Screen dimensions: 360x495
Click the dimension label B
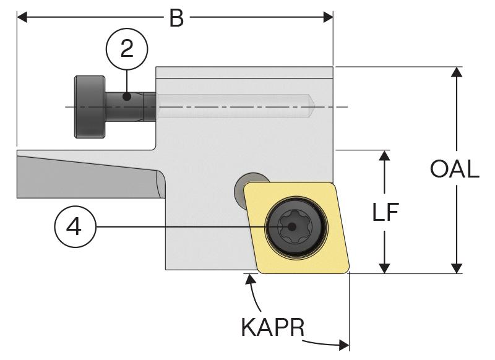click(176, 18)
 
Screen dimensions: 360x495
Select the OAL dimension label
click(455, 169)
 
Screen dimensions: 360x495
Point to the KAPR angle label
click(272, 327)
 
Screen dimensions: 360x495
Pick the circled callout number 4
click(73, 227)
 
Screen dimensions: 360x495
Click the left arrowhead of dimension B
click(22, 17)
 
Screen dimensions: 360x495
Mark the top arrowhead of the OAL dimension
click(456, 72)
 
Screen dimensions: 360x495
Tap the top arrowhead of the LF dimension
click(385, 156)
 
